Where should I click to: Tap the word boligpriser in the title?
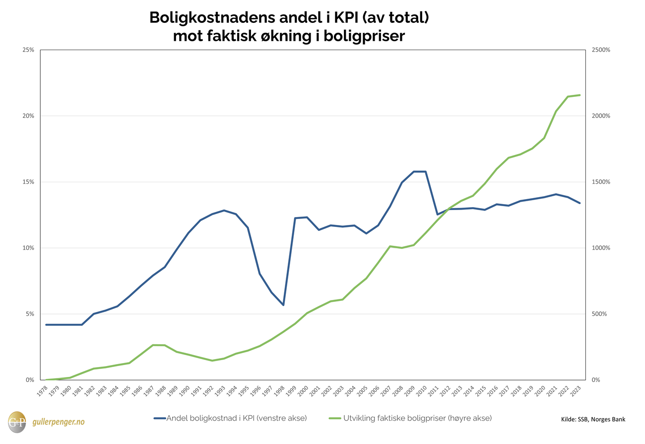coord(364,36)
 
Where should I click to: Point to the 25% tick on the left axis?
coord(28,50)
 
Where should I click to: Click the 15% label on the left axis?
coord(28,182)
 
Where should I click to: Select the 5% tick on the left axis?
coord(29,314)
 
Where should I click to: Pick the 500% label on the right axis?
coord(598,314)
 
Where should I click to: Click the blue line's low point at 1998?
coord(283,305)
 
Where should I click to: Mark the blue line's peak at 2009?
coord(414,172)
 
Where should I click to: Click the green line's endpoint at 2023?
coord(580,95)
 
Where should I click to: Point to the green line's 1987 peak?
coord(153,345)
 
